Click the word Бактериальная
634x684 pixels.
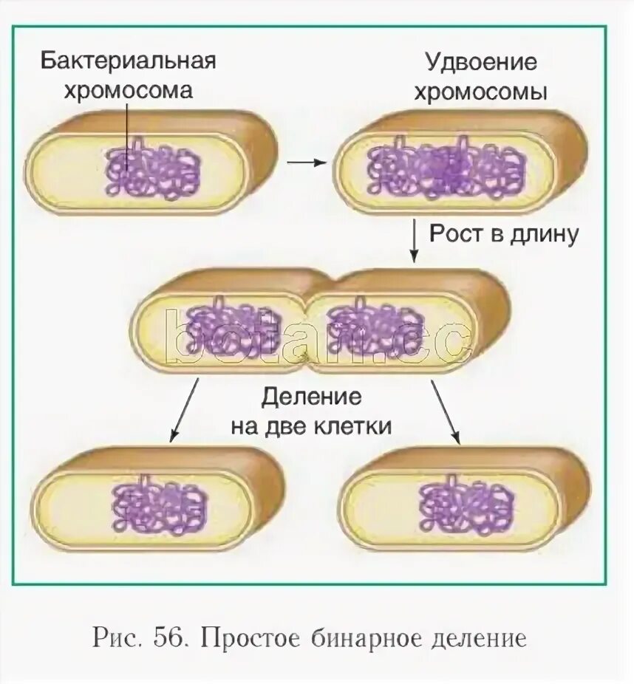coord(128,60)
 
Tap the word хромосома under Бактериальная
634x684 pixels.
coord(128,91)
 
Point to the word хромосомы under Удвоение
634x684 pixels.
coord(480,93)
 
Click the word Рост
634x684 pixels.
coord(459,234)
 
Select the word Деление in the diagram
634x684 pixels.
coord(311,397)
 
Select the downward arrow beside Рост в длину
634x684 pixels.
coord(414,241)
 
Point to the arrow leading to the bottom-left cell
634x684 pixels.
coord(184,411)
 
